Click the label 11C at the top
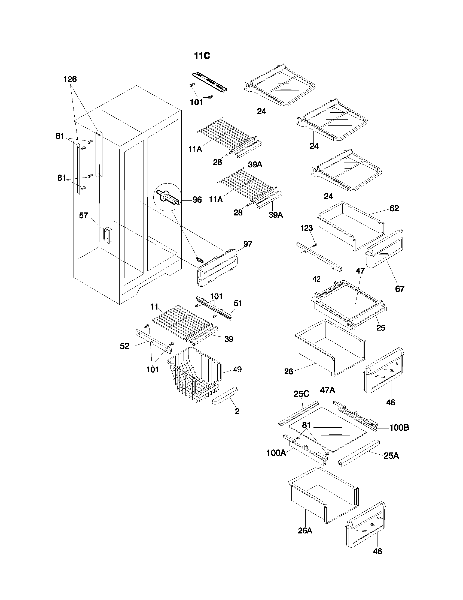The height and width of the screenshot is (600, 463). [202, 56]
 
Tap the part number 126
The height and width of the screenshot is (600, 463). [70, 80]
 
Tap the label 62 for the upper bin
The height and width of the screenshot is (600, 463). [394, 209]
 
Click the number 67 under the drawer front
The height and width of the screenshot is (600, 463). [400, 289]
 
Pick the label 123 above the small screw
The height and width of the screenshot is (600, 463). [306, 228]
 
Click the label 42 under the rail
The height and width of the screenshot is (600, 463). [316, 279]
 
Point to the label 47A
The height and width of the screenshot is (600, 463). [327, 390]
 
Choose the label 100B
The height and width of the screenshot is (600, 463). [399, 428]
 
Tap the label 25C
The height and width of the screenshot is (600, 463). [301, 394]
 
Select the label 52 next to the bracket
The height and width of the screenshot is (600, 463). [124, 346]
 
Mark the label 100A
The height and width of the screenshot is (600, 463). [276, 453]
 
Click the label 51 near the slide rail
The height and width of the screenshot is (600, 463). [238, 303]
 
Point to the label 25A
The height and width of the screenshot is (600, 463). [391, 456]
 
